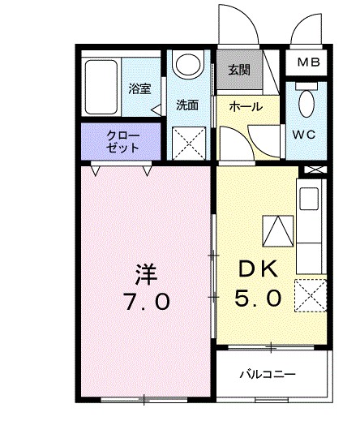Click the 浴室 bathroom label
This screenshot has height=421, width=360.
click(x=139, y=89)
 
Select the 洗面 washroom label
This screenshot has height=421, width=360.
click(x=188, y=105)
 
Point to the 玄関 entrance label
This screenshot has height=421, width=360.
click(x=238, y=70)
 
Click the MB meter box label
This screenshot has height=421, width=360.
click(x=307, y=62)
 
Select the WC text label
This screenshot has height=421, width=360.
click(x=307, y=133)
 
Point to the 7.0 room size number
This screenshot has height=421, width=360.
click(x=146, y=302)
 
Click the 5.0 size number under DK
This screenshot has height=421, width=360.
click(x=259, y=298)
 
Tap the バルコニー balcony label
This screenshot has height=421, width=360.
click(x=267, y=374)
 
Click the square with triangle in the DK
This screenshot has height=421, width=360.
click(x=276, y=232)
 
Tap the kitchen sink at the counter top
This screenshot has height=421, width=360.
click(x=310, y=199)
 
